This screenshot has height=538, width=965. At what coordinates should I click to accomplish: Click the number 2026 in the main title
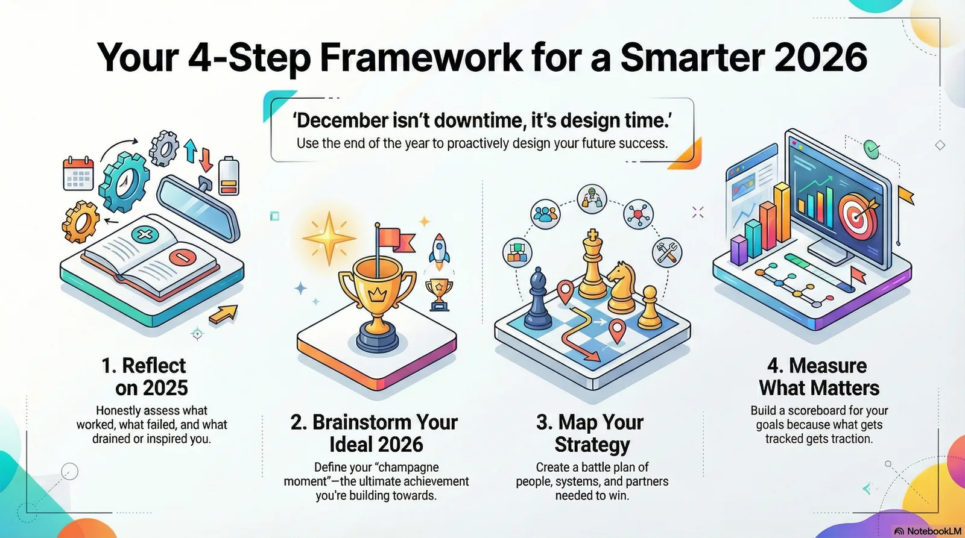point(820,58)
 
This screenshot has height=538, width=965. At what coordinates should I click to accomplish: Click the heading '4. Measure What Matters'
point(818,377)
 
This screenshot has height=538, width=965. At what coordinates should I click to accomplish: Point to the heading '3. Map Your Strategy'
point(591,433)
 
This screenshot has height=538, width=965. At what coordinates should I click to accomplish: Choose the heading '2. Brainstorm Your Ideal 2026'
point(375,433)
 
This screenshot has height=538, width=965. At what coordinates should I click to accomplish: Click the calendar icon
point(78,174)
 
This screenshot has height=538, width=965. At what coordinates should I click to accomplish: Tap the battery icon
point(229,175)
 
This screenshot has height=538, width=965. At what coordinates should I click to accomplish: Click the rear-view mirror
point(198,208)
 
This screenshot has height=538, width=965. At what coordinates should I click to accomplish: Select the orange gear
point(80,222)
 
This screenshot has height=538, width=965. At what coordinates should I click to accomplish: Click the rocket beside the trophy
point(439,252)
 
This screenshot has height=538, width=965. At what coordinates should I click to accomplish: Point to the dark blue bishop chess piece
point(537,299)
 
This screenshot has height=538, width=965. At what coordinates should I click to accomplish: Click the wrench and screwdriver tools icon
point(667,253)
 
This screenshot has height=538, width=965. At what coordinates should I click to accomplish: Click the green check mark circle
point(872,149)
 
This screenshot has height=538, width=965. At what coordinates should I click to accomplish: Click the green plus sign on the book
point(145,234)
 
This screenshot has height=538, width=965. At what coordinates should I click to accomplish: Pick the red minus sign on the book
point(183,257)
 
